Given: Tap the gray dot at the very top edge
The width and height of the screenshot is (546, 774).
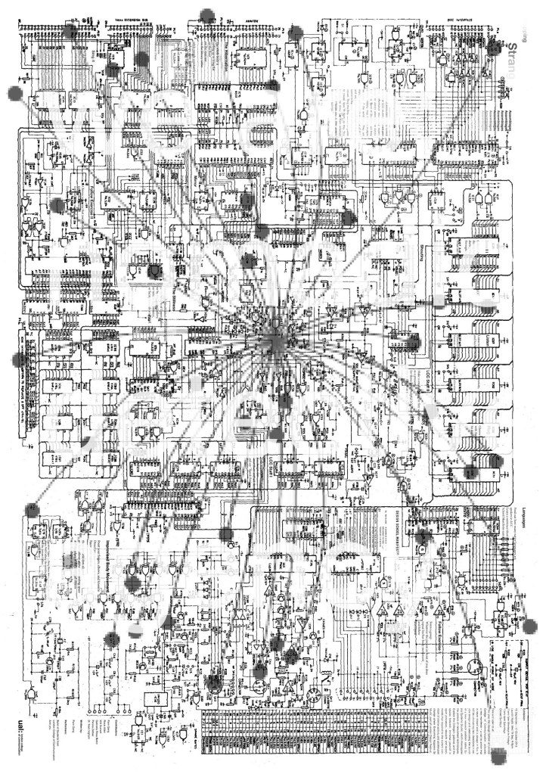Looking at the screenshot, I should pos(204,14).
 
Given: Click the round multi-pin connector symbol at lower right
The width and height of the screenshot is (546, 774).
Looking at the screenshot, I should pos(476,667).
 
